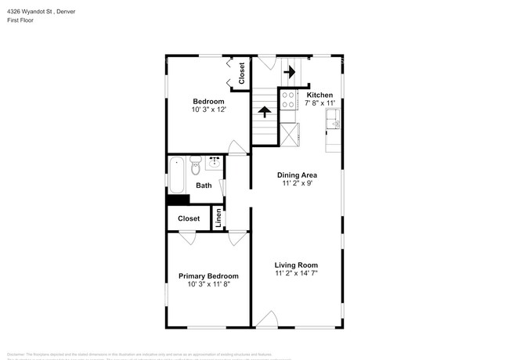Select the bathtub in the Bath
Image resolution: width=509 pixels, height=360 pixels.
pos(176,175)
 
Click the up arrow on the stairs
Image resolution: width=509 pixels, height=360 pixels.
pos(264,112)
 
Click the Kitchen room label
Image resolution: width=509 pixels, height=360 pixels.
pos(319,94)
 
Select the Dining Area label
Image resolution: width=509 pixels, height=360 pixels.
pos(297,175)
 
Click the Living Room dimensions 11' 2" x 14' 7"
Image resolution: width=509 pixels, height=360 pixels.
pos(296,274)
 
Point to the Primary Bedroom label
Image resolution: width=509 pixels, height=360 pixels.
pos(208,276)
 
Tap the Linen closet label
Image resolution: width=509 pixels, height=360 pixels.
pos(219,218)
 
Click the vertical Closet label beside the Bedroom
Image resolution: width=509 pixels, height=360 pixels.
pos(242,73)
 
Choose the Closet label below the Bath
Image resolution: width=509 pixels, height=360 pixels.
pos(189,218)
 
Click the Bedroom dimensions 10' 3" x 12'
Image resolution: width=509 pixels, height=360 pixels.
pos(209,110)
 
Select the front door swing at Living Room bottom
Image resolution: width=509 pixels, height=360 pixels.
pos(267,319)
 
